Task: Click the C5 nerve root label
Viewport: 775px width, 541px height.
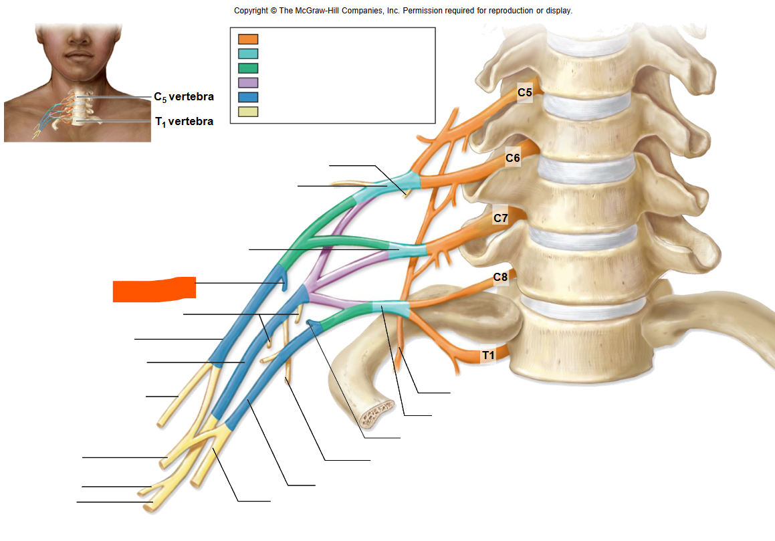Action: click(525, 92)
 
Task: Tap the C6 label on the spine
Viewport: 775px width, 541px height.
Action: click(513, 158)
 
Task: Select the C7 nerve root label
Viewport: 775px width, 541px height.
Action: click(501, 218)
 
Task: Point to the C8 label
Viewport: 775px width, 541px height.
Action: click(501, 278)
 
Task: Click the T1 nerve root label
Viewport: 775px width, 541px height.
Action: click(488, 355)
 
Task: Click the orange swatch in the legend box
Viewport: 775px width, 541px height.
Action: click(248, 39)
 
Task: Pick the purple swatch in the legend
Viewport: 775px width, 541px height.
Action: click(248, 82)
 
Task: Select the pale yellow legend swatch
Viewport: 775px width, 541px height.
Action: click(248, 112)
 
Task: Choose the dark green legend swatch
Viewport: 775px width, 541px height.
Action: click(248, 68)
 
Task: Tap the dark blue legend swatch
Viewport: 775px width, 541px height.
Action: click(248, 97)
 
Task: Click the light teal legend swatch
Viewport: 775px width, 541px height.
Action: click(248, 53)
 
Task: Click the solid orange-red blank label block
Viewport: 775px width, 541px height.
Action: click(154, 290)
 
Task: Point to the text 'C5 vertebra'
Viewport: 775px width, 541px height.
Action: click(184, 97)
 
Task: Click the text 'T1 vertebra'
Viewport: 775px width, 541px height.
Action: click(185, 122)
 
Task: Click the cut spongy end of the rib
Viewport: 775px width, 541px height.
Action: click(376, 415)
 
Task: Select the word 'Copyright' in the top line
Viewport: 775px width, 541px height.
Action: click(251, 11)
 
